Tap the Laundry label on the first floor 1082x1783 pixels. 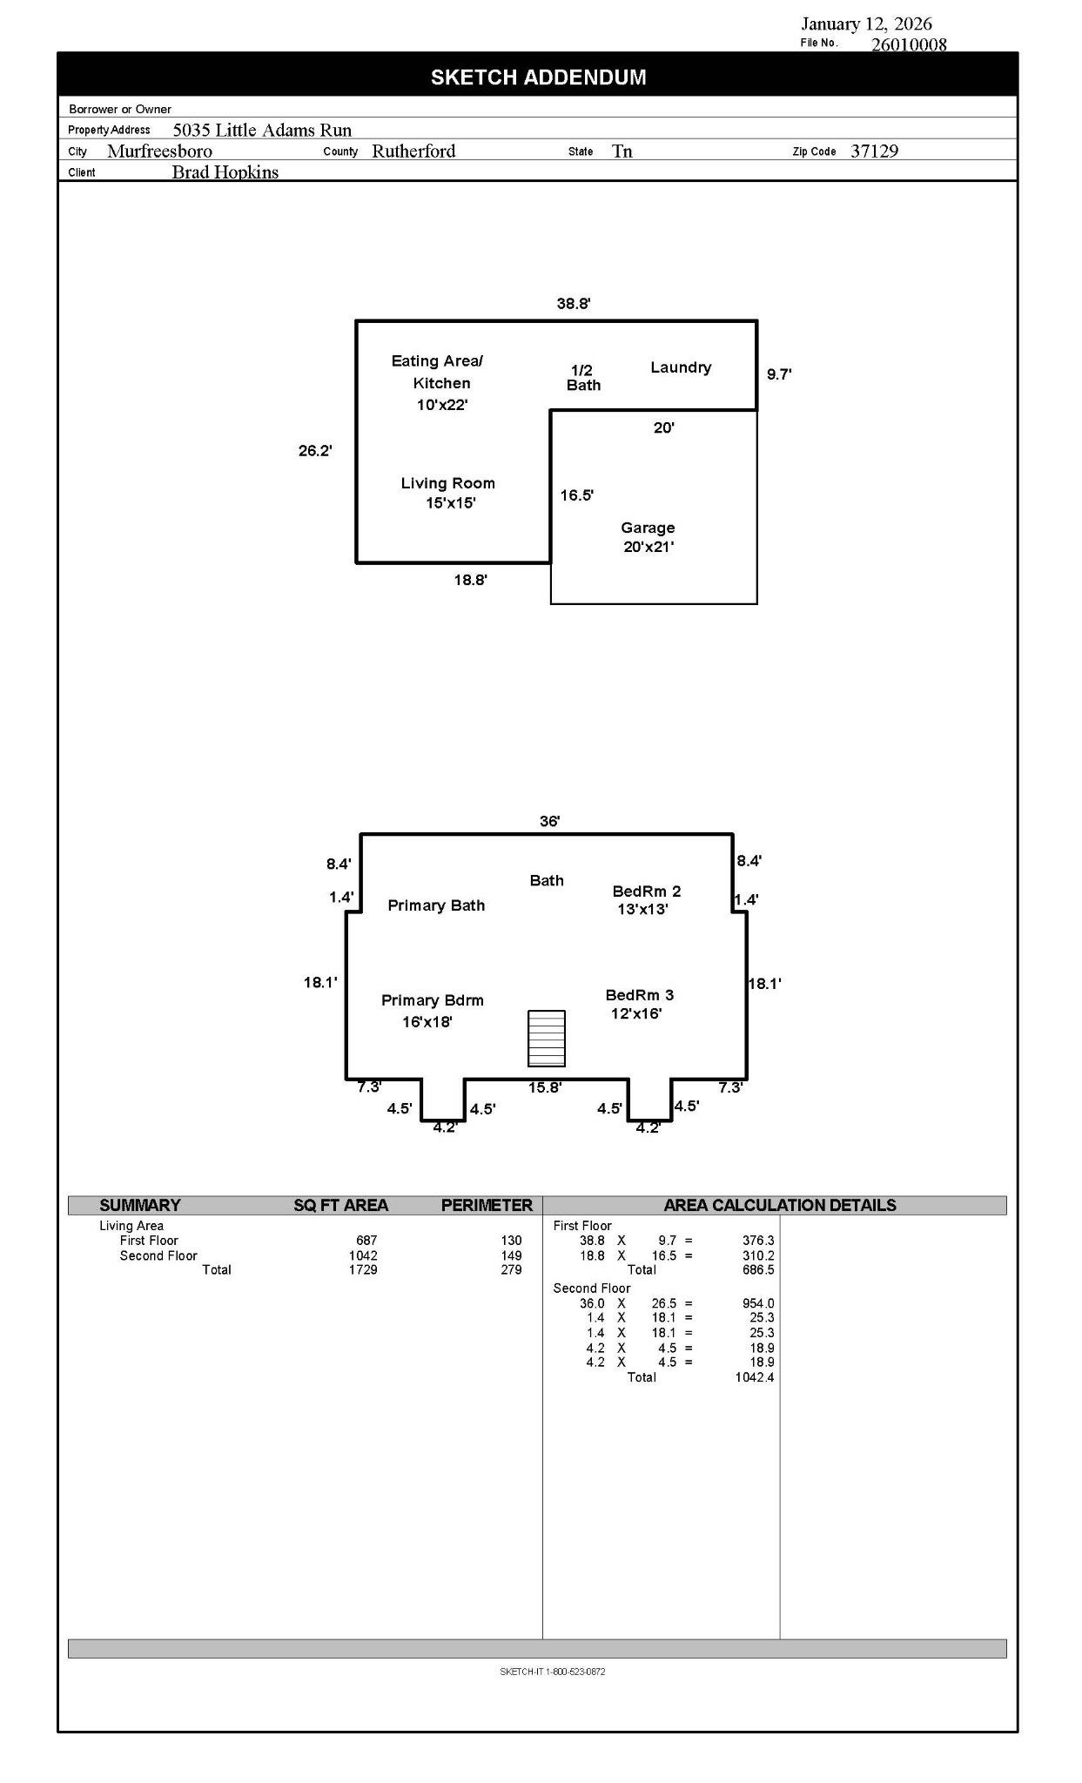[681, 367]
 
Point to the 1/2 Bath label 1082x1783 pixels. [583, 378]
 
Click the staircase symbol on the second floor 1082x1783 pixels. [547, 1038]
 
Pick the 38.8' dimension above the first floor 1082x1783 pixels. [575, 304]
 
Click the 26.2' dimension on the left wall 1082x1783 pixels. [315, 451]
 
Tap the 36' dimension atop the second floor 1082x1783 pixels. [550, 821]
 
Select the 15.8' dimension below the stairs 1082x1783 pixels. [545, 1087]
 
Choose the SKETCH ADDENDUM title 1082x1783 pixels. [539, 77]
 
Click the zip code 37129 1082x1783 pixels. [874, 151]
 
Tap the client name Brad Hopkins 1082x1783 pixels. [225, 172]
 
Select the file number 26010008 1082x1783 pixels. [909, 44]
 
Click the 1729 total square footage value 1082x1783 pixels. [363, 1270]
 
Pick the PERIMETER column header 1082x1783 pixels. [487, 1206]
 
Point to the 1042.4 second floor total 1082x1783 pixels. [755, 1377]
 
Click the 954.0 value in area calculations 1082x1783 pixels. [758, 1303]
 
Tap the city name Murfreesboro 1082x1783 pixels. [159, 151]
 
